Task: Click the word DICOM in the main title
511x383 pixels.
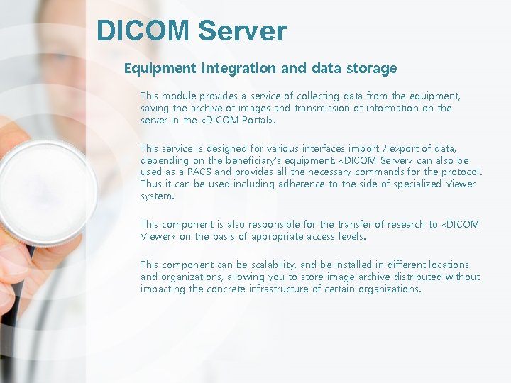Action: (143, 31)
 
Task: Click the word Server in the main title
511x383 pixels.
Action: (243, 31)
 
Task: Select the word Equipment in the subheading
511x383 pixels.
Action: (160, 69)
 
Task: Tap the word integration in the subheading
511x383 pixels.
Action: (238, 69)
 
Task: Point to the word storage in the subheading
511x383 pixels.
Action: (370, 69)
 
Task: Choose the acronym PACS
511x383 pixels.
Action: (199, 172)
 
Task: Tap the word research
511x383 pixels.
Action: (402, 224)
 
